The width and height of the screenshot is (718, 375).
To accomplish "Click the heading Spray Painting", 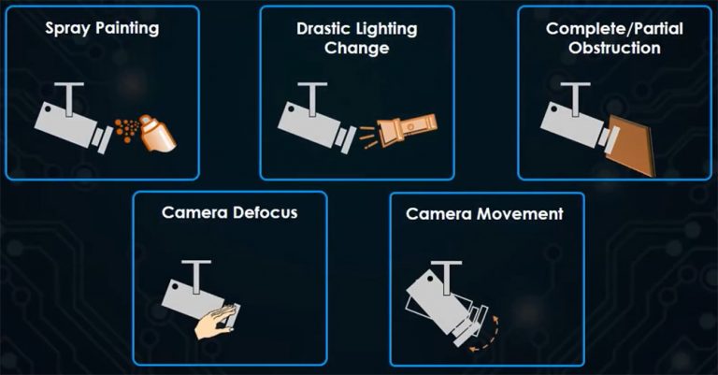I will [x=102, y=28].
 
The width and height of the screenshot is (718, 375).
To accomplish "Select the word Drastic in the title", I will [x=319, y=28].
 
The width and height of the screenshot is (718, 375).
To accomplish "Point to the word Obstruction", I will [x=615, y=47].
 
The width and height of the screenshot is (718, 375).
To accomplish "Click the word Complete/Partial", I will [x=615, y=28].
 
